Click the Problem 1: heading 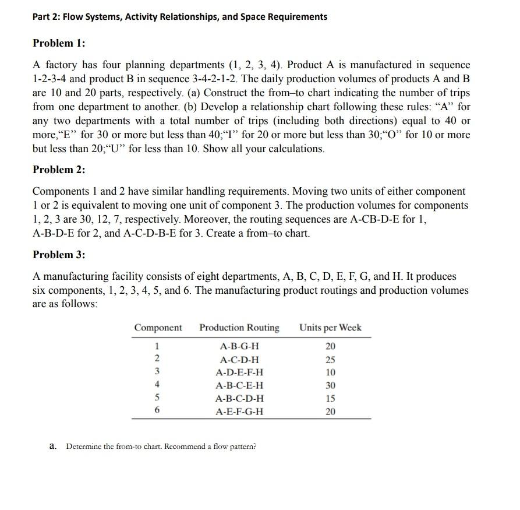(x=59, y=43)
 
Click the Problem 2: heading (x=59, y=170)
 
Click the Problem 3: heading (x=59, y=255)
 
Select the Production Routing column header (x=239, y=328)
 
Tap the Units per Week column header (x=331, y=328)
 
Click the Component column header (x=158, y=328)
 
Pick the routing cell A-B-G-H (x=239, y=346)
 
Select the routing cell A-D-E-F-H (x=239, y=372)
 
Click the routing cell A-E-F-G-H (x=239, y=411)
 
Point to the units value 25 (x=331, y=360)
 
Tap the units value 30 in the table (x=331, y=385)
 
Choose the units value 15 (x=331, y=399)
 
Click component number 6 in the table (x=156, y=411)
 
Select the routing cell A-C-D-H (x=239, y=360)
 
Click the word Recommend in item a (x=185, y=446)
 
